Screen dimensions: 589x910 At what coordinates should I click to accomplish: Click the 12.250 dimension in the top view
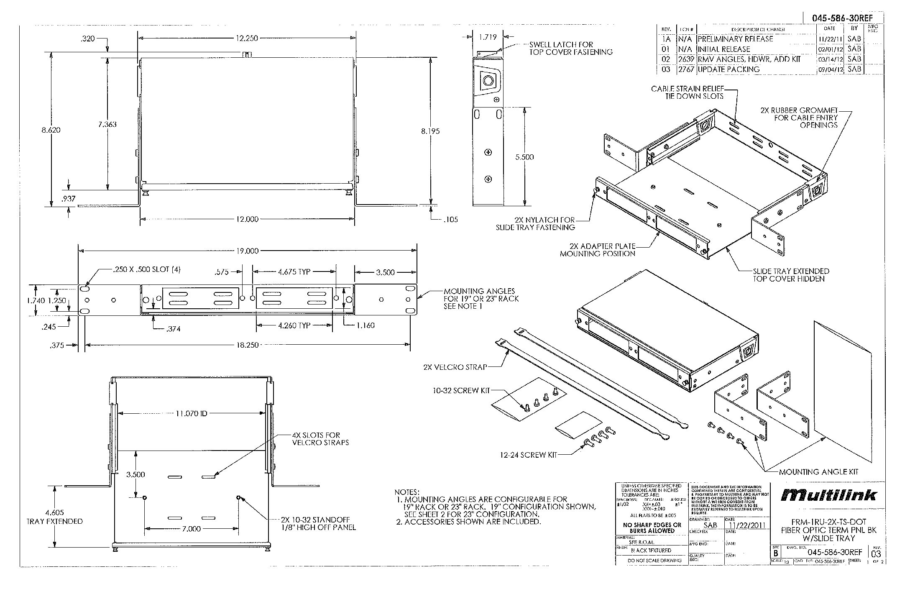point(246,38)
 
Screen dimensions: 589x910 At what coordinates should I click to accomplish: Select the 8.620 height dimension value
point(51,130)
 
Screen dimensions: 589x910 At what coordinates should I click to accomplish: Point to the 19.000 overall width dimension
point(247,251)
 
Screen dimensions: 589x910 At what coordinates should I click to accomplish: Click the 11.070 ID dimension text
point(191,414)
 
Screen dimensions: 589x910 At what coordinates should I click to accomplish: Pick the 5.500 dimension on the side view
point(524,157)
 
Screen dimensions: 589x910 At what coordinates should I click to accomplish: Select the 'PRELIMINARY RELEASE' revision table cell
point(736,39)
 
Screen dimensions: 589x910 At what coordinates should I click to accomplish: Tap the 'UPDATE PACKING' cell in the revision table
point(729,69)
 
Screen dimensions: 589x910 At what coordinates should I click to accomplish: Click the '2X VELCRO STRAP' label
point(455,367)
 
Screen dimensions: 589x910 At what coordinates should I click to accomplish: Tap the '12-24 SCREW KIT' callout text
point(529,455)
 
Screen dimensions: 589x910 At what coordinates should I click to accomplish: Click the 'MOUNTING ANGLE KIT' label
point(818,471)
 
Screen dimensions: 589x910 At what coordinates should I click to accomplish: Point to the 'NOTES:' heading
point(407,492)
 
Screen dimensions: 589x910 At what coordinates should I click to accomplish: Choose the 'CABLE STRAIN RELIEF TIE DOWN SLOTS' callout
point(687,92)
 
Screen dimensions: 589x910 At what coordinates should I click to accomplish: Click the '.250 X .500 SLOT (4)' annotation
point(147,270)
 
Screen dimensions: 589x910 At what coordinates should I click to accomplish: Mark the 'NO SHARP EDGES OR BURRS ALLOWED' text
point(652,528)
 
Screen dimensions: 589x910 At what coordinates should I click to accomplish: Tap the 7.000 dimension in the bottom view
point(191,529)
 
